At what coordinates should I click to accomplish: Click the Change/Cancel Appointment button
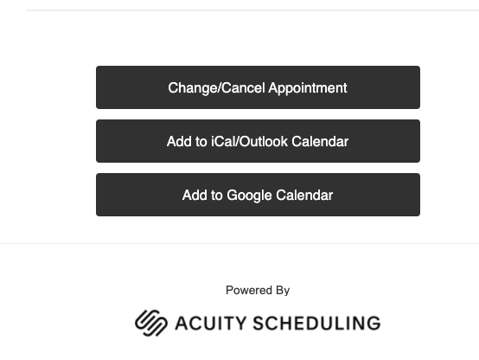point(258,87)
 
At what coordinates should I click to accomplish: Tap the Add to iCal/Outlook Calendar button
point(258,141)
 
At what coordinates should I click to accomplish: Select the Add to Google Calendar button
point(258,195)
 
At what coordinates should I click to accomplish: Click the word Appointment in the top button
point(308,88)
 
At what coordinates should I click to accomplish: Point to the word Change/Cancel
point(216,87)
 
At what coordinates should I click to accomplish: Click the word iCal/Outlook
point(250,141)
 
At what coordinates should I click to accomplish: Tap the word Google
point(249,196)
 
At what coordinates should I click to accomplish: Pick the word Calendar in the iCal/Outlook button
point(320,141)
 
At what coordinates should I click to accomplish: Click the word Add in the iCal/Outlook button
point(179,141)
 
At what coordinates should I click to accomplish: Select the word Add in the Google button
point(195,195)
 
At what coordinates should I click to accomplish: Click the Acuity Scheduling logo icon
point(151,323)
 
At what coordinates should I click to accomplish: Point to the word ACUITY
point(210,324)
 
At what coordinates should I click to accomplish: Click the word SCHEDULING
point(316,324)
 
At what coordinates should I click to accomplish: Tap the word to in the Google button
point(216,196)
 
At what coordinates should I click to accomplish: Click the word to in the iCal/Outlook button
point(201,142)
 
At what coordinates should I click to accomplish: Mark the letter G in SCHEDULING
point(374,324)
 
